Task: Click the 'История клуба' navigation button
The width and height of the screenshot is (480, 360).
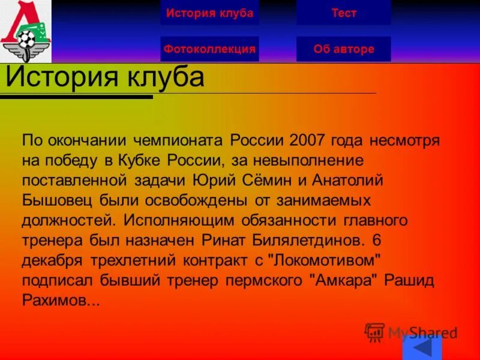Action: tap(209, 13)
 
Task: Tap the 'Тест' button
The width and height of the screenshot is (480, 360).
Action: tap(343, 13)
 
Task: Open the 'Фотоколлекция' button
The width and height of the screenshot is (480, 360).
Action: tap(209, 49)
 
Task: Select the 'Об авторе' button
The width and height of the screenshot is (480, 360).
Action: tap(343, 49)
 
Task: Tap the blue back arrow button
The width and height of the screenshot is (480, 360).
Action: tap(422, 348)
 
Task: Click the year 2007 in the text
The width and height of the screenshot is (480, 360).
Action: tap(307, 141)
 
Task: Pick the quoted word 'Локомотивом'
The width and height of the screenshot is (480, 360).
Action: tap(325, 260)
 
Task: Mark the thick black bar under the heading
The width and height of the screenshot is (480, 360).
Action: tap(76, 96)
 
